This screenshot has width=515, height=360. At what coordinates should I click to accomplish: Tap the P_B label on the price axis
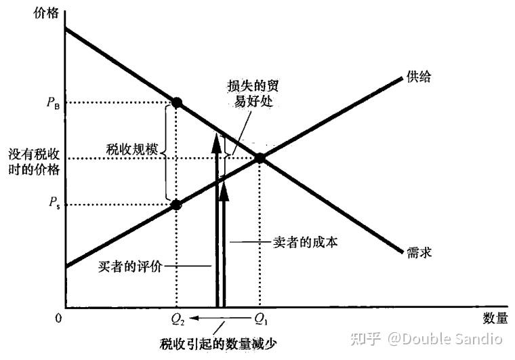(x=53, y=103)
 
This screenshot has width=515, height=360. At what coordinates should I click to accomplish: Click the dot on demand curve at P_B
(x=177, y=102)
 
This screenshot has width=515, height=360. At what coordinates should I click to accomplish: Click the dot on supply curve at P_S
(x=177, y=205)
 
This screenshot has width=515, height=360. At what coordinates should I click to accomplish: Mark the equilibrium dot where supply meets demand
(x=260, y=159)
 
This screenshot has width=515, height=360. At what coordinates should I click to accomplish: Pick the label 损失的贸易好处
(x=253, y=96)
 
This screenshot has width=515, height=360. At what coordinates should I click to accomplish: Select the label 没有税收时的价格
(x=32, y=162)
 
